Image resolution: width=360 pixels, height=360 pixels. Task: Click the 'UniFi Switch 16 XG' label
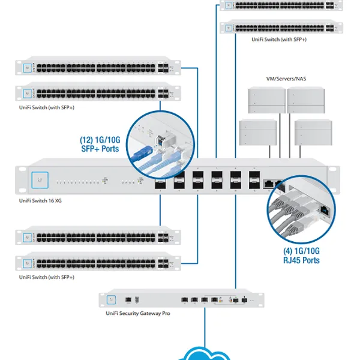click(40, 200)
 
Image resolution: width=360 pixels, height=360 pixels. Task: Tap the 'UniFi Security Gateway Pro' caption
click(138, 313)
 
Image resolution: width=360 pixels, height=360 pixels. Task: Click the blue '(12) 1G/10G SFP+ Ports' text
click(100, 144)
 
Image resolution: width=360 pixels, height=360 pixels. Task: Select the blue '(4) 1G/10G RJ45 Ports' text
click(301, 255)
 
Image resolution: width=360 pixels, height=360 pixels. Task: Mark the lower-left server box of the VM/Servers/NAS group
click(257, 131)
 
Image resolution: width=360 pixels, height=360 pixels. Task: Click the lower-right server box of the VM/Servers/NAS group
click(313, 131)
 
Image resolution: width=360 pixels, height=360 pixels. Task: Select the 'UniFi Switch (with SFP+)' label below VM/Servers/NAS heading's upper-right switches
click(279, 39)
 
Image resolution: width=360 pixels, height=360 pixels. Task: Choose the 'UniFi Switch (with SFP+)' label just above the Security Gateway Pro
click(47, 277)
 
